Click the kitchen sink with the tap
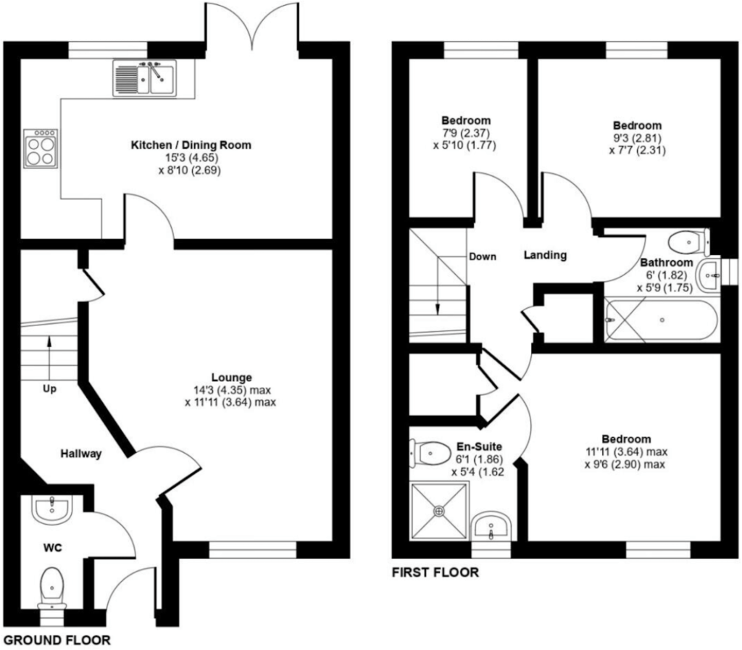pyautogui.click(x=144, y=78)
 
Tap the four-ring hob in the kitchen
pyautogui.click(x=41, y=149)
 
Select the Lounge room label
pyautogui.click(x=231, y=378)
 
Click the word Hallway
pyautogui.click(x=81, y=454)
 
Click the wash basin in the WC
pyautogui.click(x=51, y=509)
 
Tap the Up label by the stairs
pyautogui.click(x=50, y=389)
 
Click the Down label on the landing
pyautogui.click(x=483, y=257)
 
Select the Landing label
pyautogui.click(x=545, y=255)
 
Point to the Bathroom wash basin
pyautogui.click(x=708, y=275)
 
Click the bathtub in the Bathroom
pyautogui.click(x=661, y=320)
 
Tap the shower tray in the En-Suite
pyautogui.click(x=439, y=510)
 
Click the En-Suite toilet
pyautogui.click(x=430, y=453)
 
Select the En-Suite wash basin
pyautogui.click(x=492, y=525)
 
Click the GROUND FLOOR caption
pyautogui.click(x=57, y=640)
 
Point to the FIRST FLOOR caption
pyautogui.click(x=435, y=572)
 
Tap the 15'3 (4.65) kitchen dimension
pyautogui.click(x=191, y=157)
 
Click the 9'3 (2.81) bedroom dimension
pyautogui.click(x=637, y=138)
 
